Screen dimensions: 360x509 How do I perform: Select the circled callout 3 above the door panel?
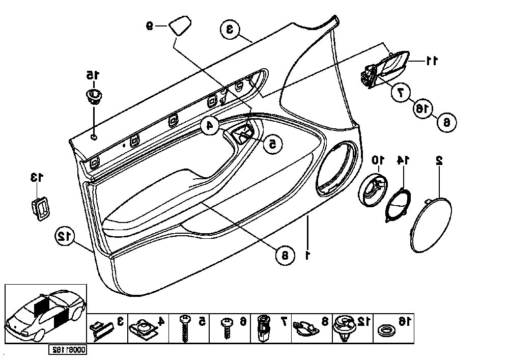tap(230, 30)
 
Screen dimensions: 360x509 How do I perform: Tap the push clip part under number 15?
tap(94, 95)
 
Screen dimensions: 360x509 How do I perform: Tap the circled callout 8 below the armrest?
tap(285, 254)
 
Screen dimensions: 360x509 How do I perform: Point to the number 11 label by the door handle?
tap(432, 61)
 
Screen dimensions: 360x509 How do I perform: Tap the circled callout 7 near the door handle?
tap(400, 92)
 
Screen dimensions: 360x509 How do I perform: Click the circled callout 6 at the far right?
tap(446, 122)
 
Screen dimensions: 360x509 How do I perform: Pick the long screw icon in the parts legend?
tap(186, 326)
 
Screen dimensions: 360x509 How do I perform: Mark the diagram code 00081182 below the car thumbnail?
tap(68, 350)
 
